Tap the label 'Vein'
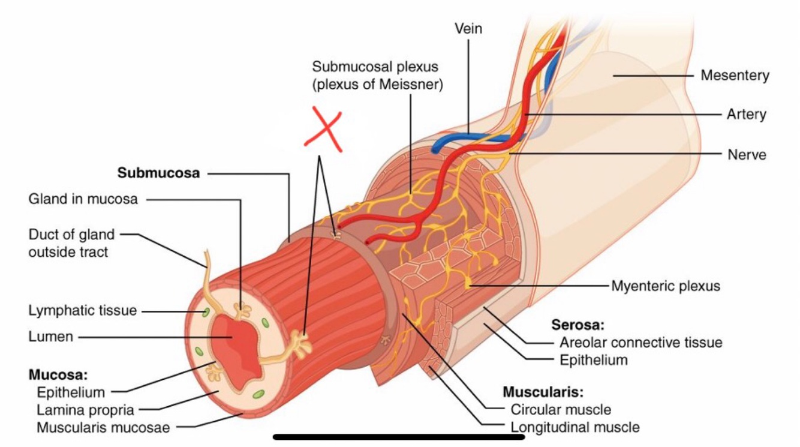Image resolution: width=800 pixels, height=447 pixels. click(468, 28)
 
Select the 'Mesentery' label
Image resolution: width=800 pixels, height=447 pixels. click(735, 76)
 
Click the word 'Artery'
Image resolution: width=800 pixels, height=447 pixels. click(746, 114)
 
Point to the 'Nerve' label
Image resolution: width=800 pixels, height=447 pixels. click(747, 154)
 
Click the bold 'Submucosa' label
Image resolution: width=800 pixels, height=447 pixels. click(158, 173)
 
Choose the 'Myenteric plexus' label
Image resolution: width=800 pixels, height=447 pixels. click(665, 286)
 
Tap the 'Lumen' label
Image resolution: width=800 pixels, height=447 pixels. click(50, 337)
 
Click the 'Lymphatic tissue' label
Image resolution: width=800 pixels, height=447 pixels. click(82, 311)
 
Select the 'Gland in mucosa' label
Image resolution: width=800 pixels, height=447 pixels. click(83, 199)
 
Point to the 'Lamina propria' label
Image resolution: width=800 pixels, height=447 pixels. click(85, 410)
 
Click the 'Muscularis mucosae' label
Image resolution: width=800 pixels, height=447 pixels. click(103, 428)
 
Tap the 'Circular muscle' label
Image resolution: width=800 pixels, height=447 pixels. click(561, 410)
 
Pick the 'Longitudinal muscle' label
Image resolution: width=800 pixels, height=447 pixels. click(575, 428)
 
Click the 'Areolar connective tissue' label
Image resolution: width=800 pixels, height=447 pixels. click(640, 343)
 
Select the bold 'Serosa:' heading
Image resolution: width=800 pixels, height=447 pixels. click(577, 325)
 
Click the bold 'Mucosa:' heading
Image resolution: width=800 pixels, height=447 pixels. click(58, 375)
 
